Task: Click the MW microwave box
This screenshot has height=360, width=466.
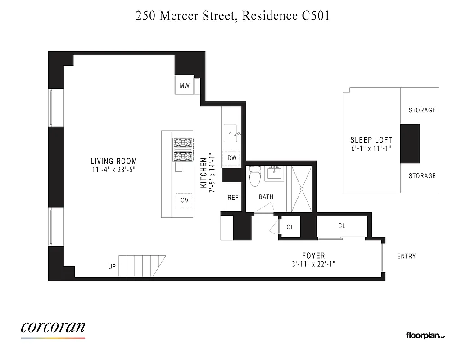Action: point(184,85)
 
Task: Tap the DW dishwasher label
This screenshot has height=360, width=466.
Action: point(232,158)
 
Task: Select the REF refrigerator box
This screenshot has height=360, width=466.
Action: point(233,198)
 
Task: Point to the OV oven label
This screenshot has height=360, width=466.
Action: point(184,201)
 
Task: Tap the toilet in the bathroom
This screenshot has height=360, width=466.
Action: point(255,176)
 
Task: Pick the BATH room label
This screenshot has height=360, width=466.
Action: point(266,197)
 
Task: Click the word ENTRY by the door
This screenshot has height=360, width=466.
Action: point(406,256)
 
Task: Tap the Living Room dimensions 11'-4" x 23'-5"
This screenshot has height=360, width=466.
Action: point(113,170)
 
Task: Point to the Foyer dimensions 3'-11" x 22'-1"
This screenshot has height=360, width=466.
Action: point(313,265)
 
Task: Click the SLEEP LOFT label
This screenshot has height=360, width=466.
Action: point(371,140)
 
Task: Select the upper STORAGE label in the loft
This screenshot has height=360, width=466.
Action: point(422,110)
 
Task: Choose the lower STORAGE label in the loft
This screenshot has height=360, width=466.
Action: point(422,176)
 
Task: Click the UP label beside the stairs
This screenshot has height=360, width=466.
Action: point(112,267)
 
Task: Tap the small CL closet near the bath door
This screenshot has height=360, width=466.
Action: point(290,227)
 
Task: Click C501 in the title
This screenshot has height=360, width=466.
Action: point(314,16)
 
